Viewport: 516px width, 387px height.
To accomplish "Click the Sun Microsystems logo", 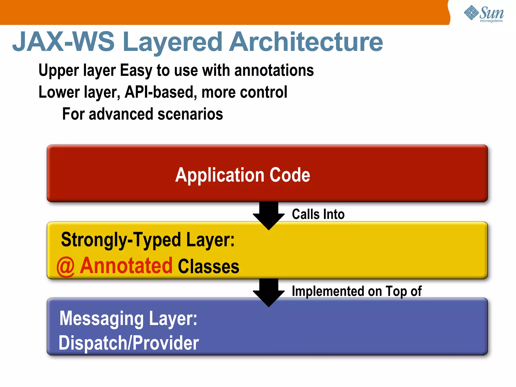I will [484, 14].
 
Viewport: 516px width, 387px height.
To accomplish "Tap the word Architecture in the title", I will [306, 42].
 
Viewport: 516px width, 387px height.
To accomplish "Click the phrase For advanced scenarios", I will [142, 114].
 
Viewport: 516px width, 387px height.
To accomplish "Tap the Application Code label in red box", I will [243, 175].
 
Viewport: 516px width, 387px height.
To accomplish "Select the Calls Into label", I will [318, 214].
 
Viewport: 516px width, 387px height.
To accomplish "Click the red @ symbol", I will [66, 267].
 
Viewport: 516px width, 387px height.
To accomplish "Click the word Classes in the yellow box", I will [208, 266].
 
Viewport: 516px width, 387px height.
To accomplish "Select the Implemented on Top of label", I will [357, 292].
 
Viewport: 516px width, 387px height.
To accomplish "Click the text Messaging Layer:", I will [128, 319].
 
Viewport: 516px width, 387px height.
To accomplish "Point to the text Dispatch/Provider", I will [128, 343].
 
